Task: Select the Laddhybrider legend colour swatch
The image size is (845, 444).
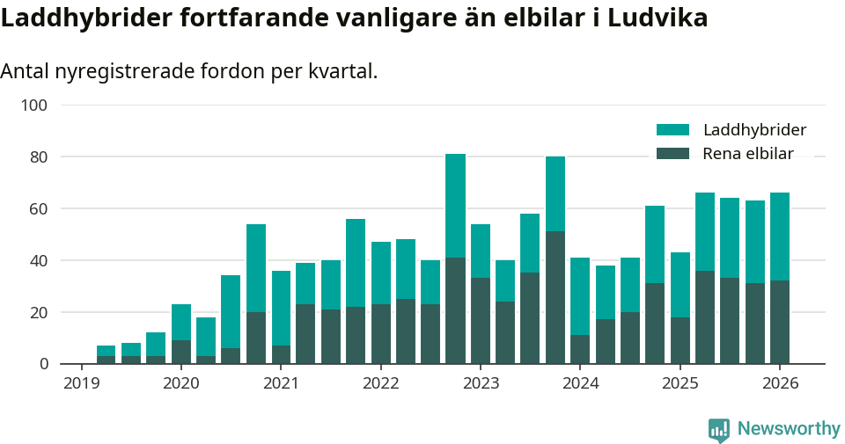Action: click(672, 130)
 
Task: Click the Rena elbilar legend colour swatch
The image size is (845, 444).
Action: click(672, 154)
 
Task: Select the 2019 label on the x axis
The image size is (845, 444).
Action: click(82, 383)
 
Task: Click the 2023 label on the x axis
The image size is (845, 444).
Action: click(481, 383)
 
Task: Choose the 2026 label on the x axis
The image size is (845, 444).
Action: click(780, 383)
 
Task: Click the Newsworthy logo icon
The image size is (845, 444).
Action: click(718, 430)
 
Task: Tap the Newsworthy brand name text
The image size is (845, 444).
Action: click(789, 429)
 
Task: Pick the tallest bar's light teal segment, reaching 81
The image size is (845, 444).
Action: click(455, 206)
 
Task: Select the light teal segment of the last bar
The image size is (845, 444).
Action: click(780, 237)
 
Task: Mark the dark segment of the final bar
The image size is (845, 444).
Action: click(780, 322)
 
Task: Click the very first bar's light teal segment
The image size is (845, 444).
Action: click(106, 351)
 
